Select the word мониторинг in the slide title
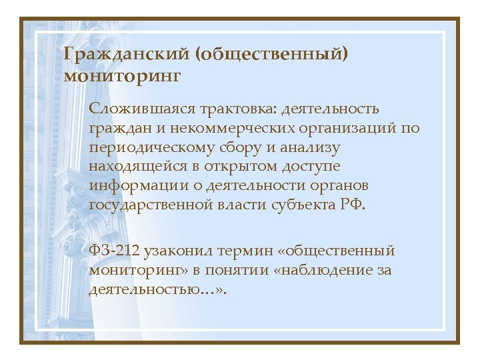[x=123, y=76]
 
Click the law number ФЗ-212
[x=115, y=251]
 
